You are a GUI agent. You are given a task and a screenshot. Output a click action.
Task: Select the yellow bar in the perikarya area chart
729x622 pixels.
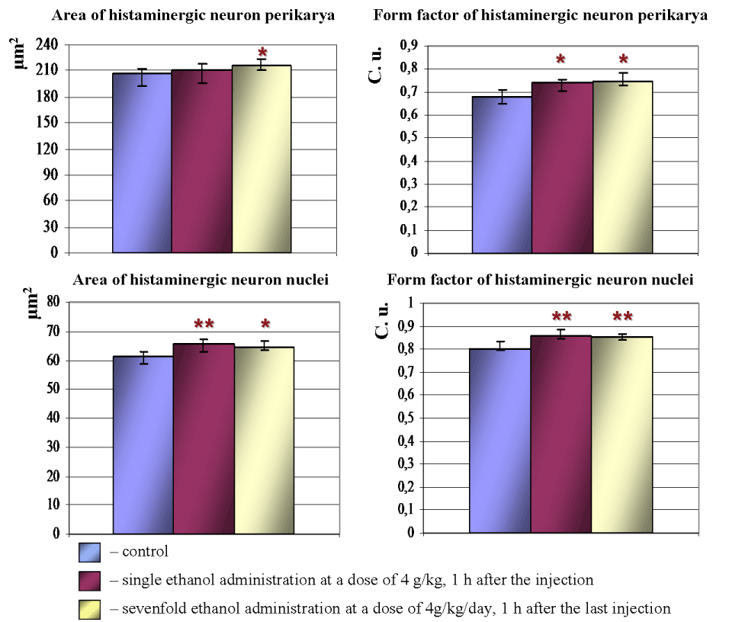tap(262, 159)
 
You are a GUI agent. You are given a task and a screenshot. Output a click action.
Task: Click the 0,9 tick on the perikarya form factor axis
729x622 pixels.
tap(411, 46)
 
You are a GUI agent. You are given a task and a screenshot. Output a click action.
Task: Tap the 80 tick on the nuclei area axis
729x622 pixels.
tap(53, 303)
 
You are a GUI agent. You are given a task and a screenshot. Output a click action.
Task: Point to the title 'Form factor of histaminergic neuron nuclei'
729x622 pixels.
tap(540, 280)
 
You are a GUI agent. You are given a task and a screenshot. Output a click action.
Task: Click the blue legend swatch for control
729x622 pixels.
tap(90, 551)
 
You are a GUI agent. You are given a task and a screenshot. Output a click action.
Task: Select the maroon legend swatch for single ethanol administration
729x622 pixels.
tap(90, 580)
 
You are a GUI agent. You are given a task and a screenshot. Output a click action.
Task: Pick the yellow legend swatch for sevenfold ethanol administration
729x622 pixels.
tap(90, 608)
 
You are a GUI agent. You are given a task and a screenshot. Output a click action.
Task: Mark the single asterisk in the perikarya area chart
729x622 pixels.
tap(263, 53)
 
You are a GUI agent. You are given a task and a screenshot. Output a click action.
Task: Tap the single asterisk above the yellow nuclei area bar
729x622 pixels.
tap(263, 326)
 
